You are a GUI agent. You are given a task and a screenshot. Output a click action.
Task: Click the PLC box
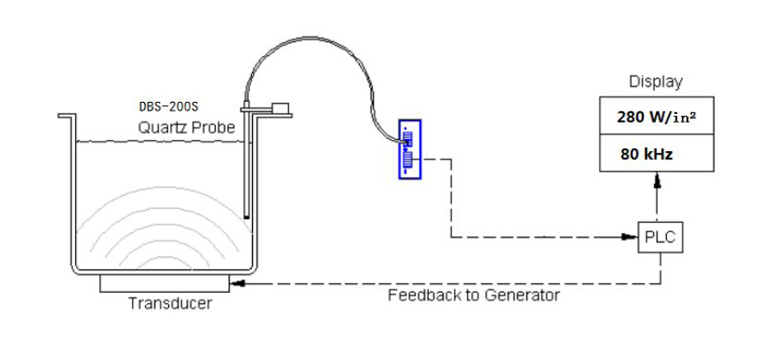[661, 237]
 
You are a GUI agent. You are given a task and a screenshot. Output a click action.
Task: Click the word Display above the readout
[655, 82]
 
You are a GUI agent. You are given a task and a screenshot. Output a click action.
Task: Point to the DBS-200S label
[169, 109]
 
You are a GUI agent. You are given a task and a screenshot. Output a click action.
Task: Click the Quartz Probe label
[186, 129]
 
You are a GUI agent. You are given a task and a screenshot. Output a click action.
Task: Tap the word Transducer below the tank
[170, 303]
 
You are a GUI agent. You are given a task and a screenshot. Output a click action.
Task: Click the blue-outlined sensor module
[410, 149]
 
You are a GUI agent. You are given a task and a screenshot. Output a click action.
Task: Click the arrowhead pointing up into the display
[660, 180]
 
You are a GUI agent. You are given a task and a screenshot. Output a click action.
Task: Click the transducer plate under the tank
[165, 282]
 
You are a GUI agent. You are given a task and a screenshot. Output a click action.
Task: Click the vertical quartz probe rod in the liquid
[248, 173]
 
